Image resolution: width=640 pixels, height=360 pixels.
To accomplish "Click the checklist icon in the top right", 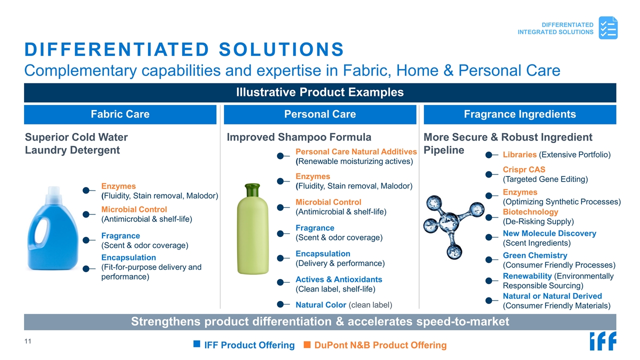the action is (x=608, y=27).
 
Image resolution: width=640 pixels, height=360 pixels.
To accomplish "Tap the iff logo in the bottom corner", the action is (x=603, y=341).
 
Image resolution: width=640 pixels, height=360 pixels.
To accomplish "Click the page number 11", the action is (x=27, y=341).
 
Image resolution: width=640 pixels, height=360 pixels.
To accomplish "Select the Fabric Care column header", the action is (x=120, y=114).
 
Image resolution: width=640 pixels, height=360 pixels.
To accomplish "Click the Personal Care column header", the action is (x=320, y=114).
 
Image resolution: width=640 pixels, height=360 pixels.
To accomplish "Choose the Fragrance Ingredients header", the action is (x=520, y=114).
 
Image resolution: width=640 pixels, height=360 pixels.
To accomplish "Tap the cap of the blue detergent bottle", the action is (x=53, y=194).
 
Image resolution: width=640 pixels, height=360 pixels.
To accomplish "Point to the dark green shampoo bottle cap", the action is (x=252, y=190).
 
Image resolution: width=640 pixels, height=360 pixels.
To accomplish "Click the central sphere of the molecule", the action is (x=449, y=221).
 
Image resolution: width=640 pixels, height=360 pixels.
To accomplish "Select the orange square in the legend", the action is (x=307, y=344).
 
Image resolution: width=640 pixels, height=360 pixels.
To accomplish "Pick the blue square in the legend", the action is (x=196, y=344).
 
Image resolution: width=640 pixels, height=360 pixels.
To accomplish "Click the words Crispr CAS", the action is (x=524, y=169).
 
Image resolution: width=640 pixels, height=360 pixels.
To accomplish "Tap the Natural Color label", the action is (x=320, y=305).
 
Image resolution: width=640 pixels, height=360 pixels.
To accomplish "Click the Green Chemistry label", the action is (x=535, y=255).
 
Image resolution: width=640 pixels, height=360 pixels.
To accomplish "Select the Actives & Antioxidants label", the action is (x=338, y=279).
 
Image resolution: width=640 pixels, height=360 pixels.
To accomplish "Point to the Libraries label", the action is (x=519, y=154).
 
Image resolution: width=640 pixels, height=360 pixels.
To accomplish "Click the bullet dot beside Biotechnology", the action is (x=488, y=217).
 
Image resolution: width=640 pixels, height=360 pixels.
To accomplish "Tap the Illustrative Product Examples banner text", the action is (x=319, y=92).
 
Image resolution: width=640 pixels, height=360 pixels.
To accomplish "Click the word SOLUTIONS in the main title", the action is (x=281, y=49).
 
